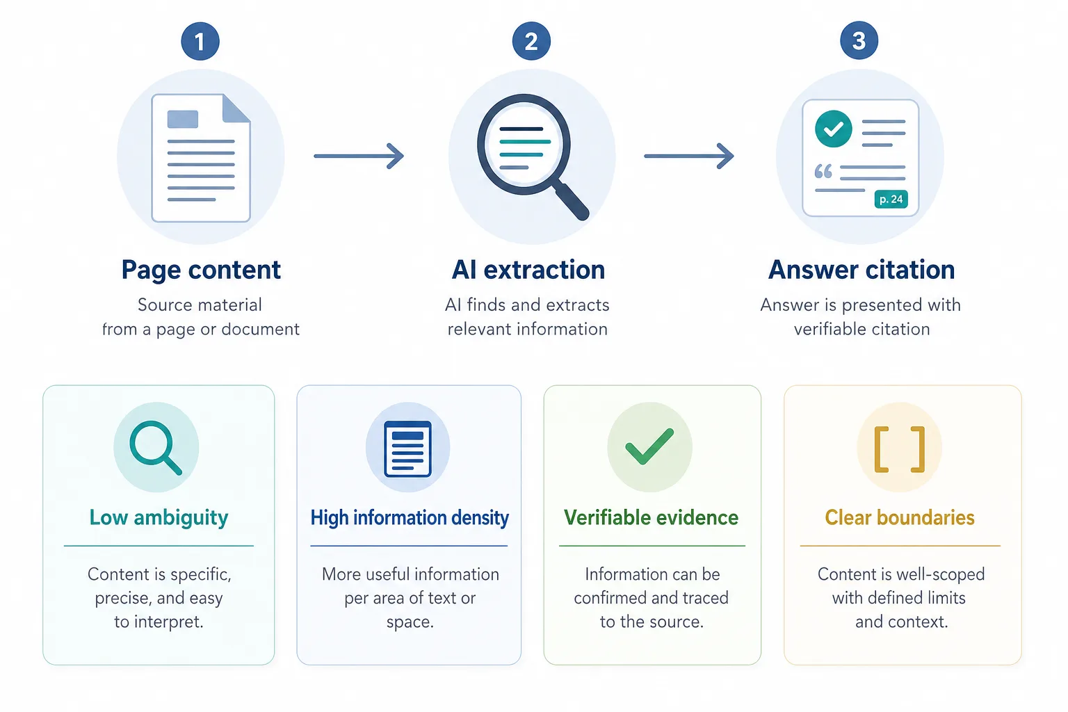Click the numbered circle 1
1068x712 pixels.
pos(200,41)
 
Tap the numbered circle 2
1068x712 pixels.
pos(531,40)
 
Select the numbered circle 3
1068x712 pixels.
pos(859,40)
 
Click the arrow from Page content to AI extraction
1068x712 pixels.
pos(359,156)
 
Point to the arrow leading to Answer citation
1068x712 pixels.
pos(689,156)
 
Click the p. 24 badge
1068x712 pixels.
pos(891,199)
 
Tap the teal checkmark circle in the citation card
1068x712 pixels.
pos(834,129)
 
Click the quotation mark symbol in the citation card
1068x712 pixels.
pos(823,171)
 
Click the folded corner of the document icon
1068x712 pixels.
pos(236,108)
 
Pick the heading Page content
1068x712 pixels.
pos(201,270)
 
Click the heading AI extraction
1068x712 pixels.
pos(528,270)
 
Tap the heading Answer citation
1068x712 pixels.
pos(861,270)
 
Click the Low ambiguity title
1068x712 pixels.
pos(159,518)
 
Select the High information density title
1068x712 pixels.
pos(410,518)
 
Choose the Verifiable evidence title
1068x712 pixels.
pos(652,517)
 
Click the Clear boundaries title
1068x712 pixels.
pos(900,517)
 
